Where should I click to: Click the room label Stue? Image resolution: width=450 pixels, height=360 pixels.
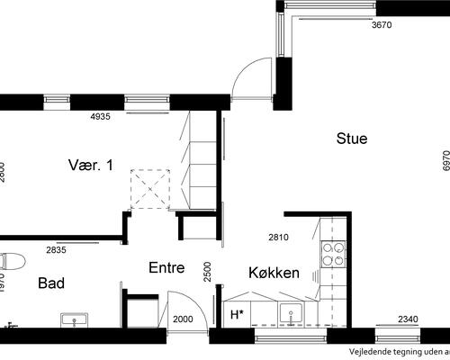coord(352,139)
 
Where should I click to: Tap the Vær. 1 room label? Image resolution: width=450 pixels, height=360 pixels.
coord(91,165)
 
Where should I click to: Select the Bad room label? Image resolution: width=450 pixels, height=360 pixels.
coord(51,283)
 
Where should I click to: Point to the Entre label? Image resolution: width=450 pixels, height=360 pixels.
coord(166,267)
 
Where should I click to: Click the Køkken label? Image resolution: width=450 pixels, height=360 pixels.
coord(274,271)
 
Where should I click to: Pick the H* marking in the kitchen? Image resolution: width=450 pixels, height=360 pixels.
coord(238,315)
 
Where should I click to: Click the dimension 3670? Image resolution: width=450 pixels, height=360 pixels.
coord(382,25)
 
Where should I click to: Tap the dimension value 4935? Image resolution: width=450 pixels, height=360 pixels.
coord(105,117)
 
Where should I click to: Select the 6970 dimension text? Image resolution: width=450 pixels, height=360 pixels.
coord(445,160)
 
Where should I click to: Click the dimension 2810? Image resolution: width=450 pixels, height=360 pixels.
coord(280,238)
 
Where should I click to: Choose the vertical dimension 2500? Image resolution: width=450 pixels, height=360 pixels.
coord(207,271)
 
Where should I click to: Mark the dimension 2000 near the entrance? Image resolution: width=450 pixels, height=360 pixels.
coord(183,319)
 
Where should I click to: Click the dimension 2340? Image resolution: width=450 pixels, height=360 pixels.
coord(409,319)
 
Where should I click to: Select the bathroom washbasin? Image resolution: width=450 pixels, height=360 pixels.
coord(74,319)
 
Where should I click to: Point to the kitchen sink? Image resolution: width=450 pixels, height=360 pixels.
coord(289,313)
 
